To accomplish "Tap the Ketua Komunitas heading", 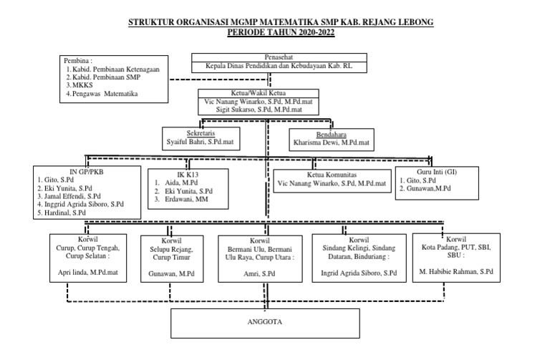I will click(x=332, y=174).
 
